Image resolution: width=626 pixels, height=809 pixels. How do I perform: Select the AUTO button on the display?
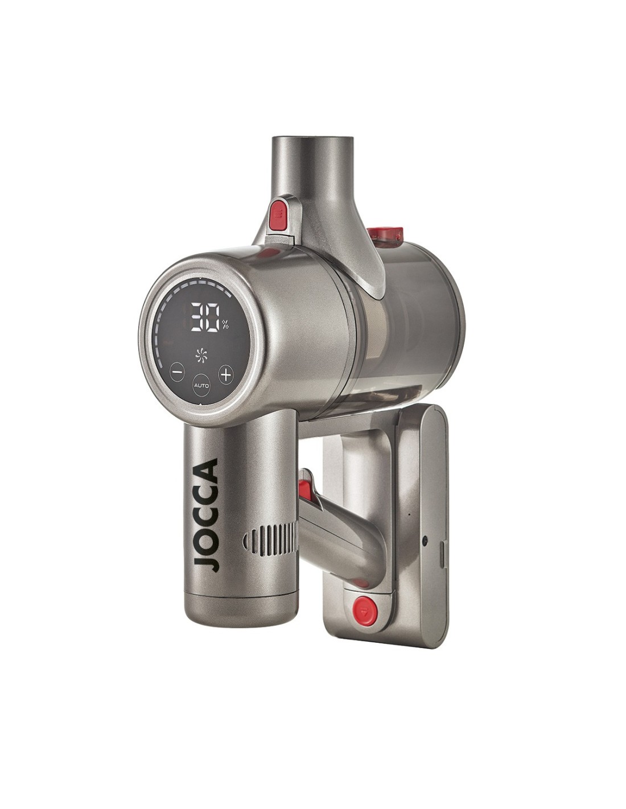(x=201, y=385)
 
